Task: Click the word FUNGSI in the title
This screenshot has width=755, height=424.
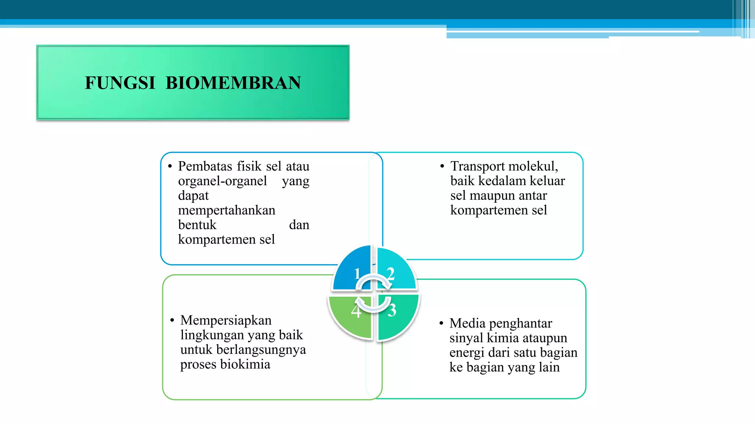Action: pyautogui.click(x=120, y=83)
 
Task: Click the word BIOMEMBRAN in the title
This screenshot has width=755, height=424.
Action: pyautogui.click(x=233, y=83)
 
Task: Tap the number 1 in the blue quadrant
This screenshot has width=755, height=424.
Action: pyautogui.click(x=357, y=274)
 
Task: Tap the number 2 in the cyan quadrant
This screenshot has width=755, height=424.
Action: pyautogui.click(x=390, y=274)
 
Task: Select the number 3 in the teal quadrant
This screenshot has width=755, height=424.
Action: pyautogui.click(x=392, y=310)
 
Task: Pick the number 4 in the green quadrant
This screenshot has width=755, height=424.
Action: pyautogui.click(x=355, y=311)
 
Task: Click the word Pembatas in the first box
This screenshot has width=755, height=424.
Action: pyautogui.click(x=205, y=166)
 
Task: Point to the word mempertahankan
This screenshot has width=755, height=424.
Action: pyautogui.click(x=226, y=210)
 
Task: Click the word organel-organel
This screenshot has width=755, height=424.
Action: pyautogui.click(x=222, y=181)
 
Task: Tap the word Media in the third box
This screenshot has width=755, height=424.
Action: pyautogui.click(x=467, y=323)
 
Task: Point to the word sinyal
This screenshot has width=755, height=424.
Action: pyautogui.click(x=466, y=338)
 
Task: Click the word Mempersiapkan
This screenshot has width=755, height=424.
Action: pyautogui.click(x=226, y=320)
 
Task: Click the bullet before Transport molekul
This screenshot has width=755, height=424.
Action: pyautogui.click(x=442, y=167)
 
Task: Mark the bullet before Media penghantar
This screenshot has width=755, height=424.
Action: pyautogui.click(x=441, y=324)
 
